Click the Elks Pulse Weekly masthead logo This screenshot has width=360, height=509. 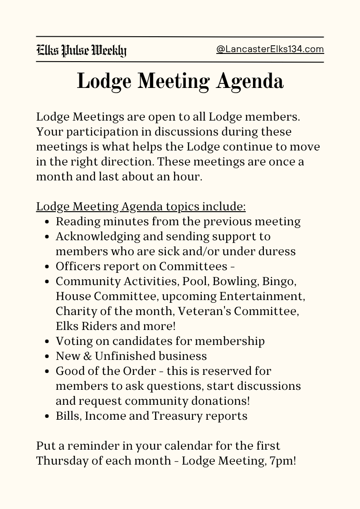(81, 50)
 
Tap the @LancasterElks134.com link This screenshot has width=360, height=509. (270, 49)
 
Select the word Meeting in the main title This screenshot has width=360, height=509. (173, 82)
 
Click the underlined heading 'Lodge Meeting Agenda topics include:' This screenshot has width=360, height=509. (141, 207)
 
